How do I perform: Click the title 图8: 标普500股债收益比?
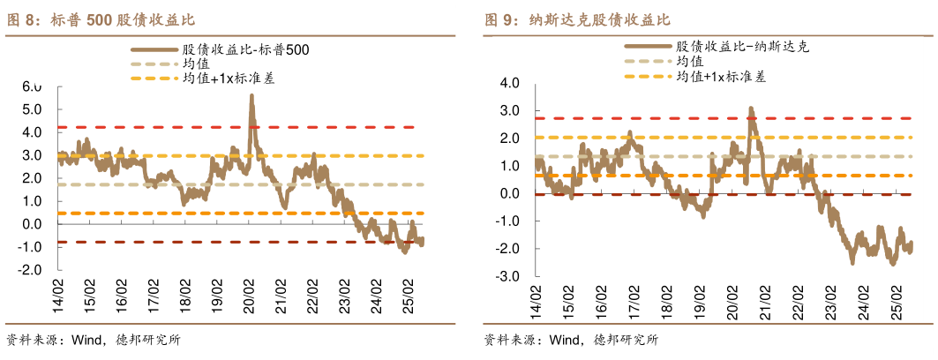(101, 19)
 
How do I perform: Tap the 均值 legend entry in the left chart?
(195, 64)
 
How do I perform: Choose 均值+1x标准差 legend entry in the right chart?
(720, 77)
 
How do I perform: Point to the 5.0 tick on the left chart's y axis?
(32, 109)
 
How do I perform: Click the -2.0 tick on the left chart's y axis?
(30, 270)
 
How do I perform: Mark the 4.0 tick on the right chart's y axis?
(510, 84)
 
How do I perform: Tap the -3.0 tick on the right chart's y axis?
(508, 277)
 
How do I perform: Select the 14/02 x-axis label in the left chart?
(59, 292)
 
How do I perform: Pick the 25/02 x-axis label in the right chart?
(897, 299)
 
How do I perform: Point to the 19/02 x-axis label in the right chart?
(699, 299)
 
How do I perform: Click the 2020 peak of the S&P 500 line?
(251, 96)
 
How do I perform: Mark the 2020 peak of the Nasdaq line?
(751, 109)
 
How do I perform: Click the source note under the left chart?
(93, 340)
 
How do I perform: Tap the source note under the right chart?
(570, 340)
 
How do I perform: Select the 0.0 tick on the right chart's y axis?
(510, 194)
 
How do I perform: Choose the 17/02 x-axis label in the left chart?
(154, 292)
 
